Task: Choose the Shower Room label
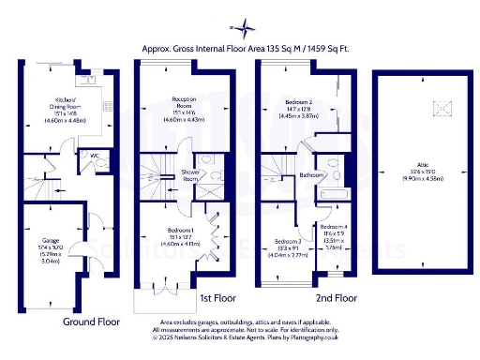pyautogui.click(x=191, y=174)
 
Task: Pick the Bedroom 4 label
pyautogui.click(x=333, y=228)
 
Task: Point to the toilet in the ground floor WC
pyautogui.click(x=100, y=162)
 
